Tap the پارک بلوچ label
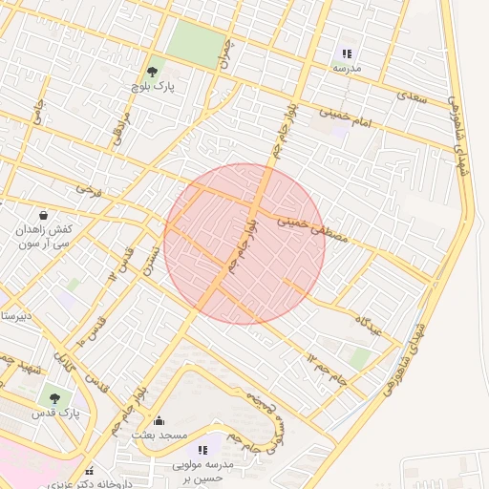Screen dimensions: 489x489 [152, 86]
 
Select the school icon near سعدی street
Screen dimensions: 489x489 [347, 53]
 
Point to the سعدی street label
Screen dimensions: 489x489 [412, 96]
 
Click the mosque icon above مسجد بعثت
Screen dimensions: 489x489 [159, 421]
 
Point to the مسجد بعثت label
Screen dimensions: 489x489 [159, 436]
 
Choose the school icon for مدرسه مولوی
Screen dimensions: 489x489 [202, 449]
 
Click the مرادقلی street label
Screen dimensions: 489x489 [119, 128]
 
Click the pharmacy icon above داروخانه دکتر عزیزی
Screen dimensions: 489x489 [89, 471]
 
